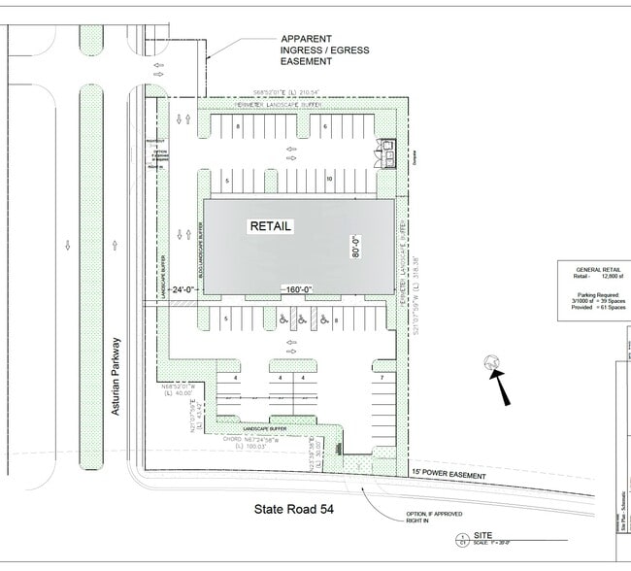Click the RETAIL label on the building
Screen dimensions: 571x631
click(271, 226)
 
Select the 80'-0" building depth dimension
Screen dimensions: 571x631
click(356, 248)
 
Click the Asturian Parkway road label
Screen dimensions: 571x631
click(115, 377)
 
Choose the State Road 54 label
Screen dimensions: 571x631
click(294, 508)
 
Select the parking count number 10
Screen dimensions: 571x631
click(330, 180)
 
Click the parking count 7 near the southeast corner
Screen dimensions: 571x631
click(382, 377)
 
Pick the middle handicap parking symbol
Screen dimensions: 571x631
click(301, 319)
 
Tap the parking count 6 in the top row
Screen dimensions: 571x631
click(325, 127)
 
